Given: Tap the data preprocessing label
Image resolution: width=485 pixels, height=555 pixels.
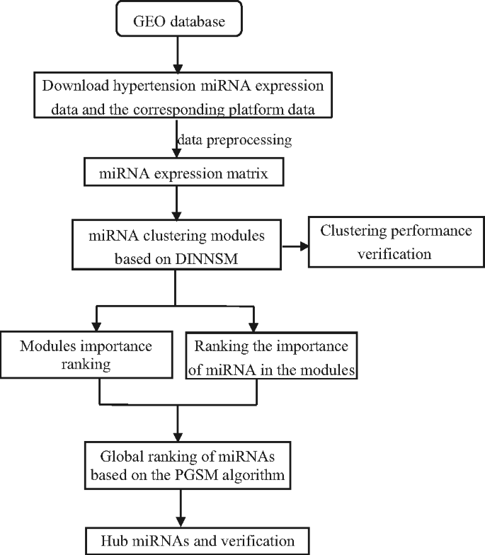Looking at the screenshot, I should tap(234, 139).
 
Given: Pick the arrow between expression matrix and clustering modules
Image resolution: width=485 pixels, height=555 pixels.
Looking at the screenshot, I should tap(176, 205).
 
